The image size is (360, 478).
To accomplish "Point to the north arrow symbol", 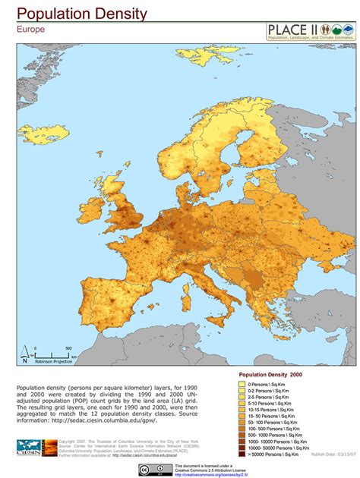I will tap(24, 356).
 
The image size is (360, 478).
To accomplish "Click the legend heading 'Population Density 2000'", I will tap(271, 375).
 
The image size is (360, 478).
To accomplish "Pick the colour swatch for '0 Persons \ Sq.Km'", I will tap(242, 384).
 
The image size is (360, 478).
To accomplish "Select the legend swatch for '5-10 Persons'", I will tap(242, 403).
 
